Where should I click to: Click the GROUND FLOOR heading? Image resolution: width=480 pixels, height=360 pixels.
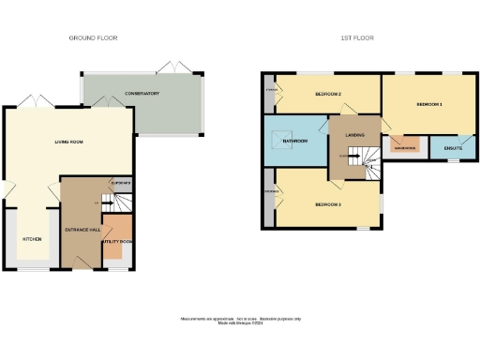coord(93,37)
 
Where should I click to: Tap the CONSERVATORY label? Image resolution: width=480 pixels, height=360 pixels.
coord(142,94)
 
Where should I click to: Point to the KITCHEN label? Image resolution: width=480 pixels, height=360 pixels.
coord(32,239)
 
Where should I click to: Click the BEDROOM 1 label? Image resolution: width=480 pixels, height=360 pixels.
coord(427,104)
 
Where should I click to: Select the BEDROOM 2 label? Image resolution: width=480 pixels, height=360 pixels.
coord(327,94)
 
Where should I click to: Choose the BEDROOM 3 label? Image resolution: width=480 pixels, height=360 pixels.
coord(327,203)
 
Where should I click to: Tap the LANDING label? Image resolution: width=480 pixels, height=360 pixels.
coord(354,135)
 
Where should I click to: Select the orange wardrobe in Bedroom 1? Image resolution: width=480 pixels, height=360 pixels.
coord(405,147)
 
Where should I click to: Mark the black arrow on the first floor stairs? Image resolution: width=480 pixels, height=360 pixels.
coord(367,163)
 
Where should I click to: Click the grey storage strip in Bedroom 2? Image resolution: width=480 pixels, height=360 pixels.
coord(269,92)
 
